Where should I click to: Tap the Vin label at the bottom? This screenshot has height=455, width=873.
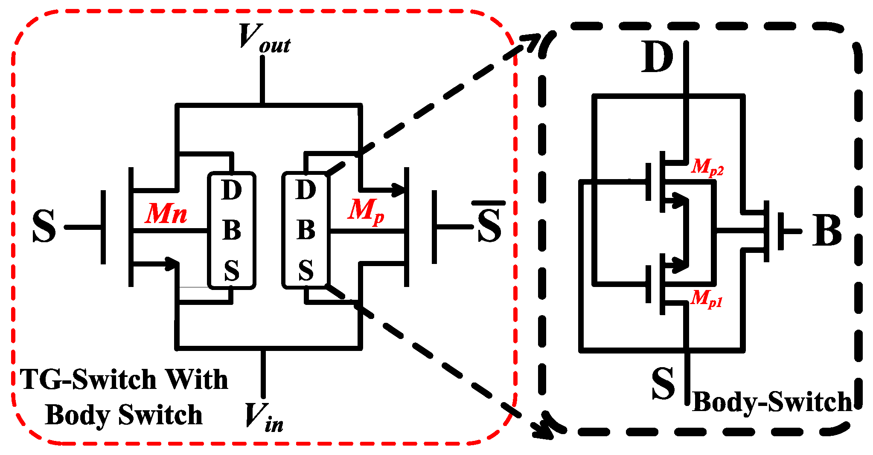(264, 417)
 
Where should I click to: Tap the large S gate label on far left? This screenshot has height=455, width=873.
(44, 226)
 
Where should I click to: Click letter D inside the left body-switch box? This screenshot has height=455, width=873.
(232, 190)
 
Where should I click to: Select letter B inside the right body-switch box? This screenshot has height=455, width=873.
(306, 230)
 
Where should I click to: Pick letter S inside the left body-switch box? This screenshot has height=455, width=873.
(232, 270)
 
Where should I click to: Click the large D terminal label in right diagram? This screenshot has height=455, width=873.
(657, 58)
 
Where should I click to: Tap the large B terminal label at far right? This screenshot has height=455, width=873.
(826, 230)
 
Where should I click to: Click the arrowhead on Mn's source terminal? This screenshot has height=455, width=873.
(172, 263)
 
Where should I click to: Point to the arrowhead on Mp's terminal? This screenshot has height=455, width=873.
(399, 189)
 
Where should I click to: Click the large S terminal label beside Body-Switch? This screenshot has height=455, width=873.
(663, 383)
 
